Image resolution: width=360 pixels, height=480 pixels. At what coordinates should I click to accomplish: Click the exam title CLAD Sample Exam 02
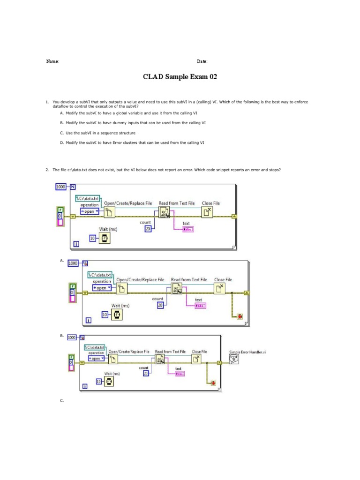point(180,77)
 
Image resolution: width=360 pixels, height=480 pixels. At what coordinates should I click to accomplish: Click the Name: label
point(52,61)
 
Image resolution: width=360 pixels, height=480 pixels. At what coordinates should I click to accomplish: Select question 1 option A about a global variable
point(128,113)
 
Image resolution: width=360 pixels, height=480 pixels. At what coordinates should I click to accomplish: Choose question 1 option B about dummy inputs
point(133,123)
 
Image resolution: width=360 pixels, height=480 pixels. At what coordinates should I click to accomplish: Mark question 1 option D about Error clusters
point(132,142)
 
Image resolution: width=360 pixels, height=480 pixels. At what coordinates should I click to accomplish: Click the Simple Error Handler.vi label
point(247,352)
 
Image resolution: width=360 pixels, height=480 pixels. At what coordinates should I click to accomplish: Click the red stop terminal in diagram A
point(240,317)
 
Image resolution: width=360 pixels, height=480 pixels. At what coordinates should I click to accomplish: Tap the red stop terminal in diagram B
point(213,383)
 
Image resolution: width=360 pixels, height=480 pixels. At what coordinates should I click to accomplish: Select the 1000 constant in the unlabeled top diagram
point(61,187)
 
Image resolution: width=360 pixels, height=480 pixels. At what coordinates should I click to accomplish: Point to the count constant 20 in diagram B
point(145,373)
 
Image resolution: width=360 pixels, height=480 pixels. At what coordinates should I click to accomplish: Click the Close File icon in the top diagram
point(208,213)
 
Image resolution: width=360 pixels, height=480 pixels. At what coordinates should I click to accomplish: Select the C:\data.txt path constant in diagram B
point(95,347)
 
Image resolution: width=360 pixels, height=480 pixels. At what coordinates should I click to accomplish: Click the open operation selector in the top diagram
point(90,211)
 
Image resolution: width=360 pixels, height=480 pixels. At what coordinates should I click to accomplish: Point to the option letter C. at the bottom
point(62,401)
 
